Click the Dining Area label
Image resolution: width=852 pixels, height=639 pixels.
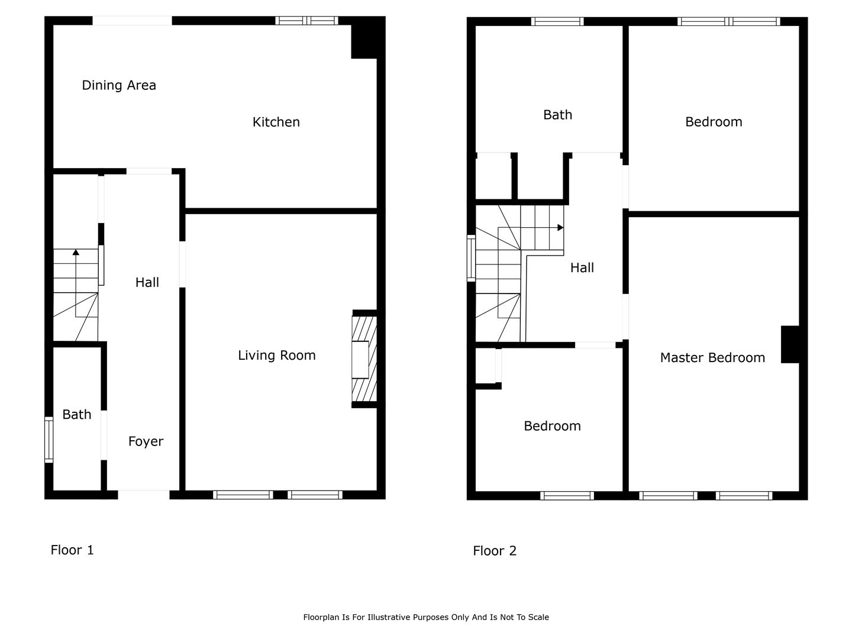point(119,85)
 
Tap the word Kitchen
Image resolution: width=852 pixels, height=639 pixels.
point(276,122)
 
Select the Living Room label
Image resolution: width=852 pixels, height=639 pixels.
point(277,355)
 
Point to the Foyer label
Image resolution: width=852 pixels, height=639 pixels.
point(146,441)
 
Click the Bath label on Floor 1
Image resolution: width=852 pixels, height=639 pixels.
point(77,414)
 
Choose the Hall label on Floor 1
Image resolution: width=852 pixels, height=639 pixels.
point(147,282)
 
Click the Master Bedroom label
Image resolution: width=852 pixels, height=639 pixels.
point(712,357)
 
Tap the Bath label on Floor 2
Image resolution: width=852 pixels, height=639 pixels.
point(558,115)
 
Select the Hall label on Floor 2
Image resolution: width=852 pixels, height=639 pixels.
point(582,267)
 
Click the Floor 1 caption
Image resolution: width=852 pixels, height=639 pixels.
point(72,550)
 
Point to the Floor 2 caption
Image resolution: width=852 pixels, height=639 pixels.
point(495,550)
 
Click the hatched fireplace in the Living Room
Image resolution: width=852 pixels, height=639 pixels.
point(364,359)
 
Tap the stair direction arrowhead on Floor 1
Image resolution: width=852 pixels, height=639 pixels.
point(76,252)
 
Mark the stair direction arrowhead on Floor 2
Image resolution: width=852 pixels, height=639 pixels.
point(560,228)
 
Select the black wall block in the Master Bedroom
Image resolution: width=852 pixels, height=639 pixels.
point(790,344)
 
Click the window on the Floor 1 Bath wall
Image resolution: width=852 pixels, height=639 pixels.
point(49,440)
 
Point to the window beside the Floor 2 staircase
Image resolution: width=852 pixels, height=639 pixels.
point(471,258)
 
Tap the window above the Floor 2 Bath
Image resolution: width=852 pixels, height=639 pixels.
point(557,21)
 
